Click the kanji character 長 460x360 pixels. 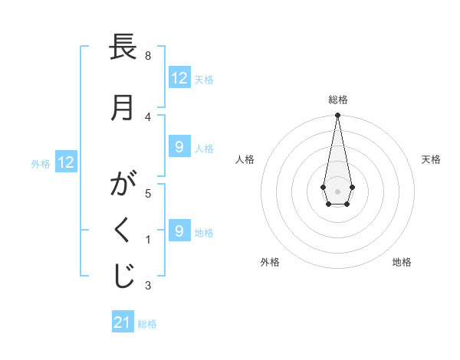pos(123,50)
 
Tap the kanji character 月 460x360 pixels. pos(123,108)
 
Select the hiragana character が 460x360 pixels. pos(123,185)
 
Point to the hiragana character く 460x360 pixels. pos(123,231)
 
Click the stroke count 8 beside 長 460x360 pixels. pos(147,56)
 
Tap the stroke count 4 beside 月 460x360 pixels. pos(147,116)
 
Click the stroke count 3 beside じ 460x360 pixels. pos(147,286)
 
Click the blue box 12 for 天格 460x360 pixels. pos(179,78)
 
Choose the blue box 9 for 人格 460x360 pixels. pos(179,147)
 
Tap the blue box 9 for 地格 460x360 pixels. pos(179,231)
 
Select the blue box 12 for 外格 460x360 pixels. pos(66,162)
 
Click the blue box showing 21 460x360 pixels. pos(123,322)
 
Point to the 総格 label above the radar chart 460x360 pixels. pos(337,100)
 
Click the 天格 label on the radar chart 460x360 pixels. pos(431,159)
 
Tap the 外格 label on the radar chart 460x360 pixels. pos(270,262)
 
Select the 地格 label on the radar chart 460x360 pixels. pos(402,262)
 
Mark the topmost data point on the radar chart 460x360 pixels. pos(337,116)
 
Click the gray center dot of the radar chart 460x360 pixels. pos(337,191)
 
